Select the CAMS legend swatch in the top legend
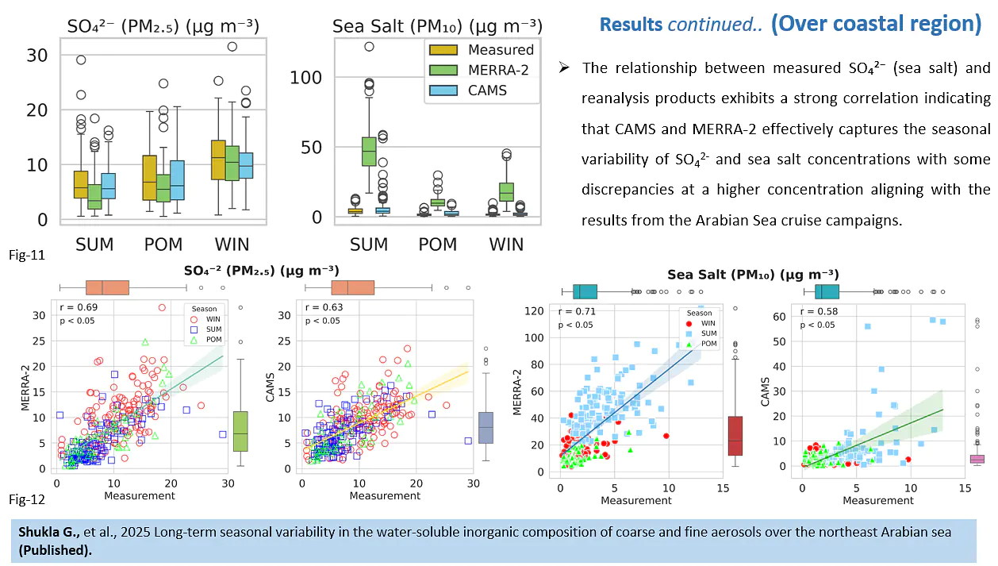click(x=443, y=90)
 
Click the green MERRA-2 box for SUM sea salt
click(x=369, y=152)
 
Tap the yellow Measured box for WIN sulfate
click(x=218, y=160)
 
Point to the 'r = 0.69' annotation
click(x=79, y=307)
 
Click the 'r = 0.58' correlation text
click(x=819, y=311)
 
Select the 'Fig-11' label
click(x=27, y=255)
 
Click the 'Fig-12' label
click(x=27, y=499)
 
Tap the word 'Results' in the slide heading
click(x=631, y=24)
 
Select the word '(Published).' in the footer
click(x=55, y=550)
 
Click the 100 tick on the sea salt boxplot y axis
click(x=305, y=78)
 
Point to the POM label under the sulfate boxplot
click(x=163, y=244)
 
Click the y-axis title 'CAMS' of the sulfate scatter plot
click(x=270, y=387)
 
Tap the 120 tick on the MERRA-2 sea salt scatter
click(x=534, y=310)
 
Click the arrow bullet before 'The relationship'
click(x=564, y=67)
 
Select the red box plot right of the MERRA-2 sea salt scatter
click(x=735, y=436)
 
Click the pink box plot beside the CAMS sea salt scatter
click(x=977, y=459)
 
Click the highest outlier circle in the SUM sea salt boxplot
click(x=369, y=46)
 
